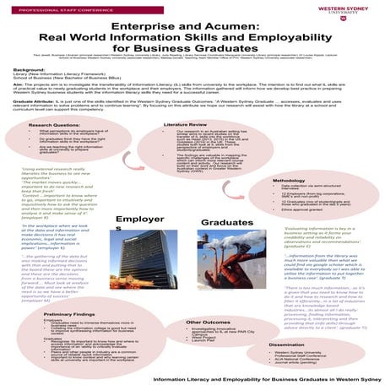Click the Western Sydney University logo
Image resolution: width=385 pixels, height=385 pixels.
[347, 17]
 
